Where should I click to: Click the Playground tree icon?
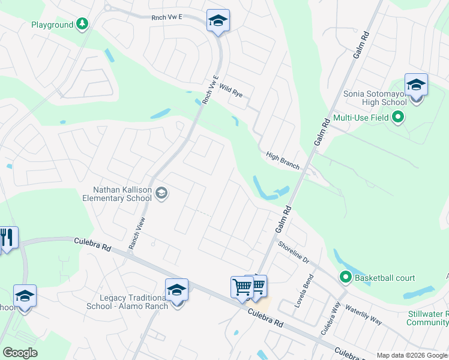(82, 24)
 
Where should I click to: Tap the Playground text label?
(51, 25)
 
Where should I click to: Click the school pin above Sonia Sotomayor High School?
(415, 85)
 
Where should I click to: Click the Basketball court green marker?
(345, 278)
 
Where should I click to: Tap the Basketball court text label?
(385, 278)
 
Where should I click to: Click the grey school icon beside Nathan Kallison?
(161, 193)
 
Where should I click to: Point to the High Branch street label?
(283, 160)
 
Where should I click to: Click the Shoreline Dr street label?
(293, 253)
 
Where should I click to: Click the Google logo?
(20, 352)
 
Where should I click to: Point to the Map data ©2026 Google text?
(412, 355)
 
